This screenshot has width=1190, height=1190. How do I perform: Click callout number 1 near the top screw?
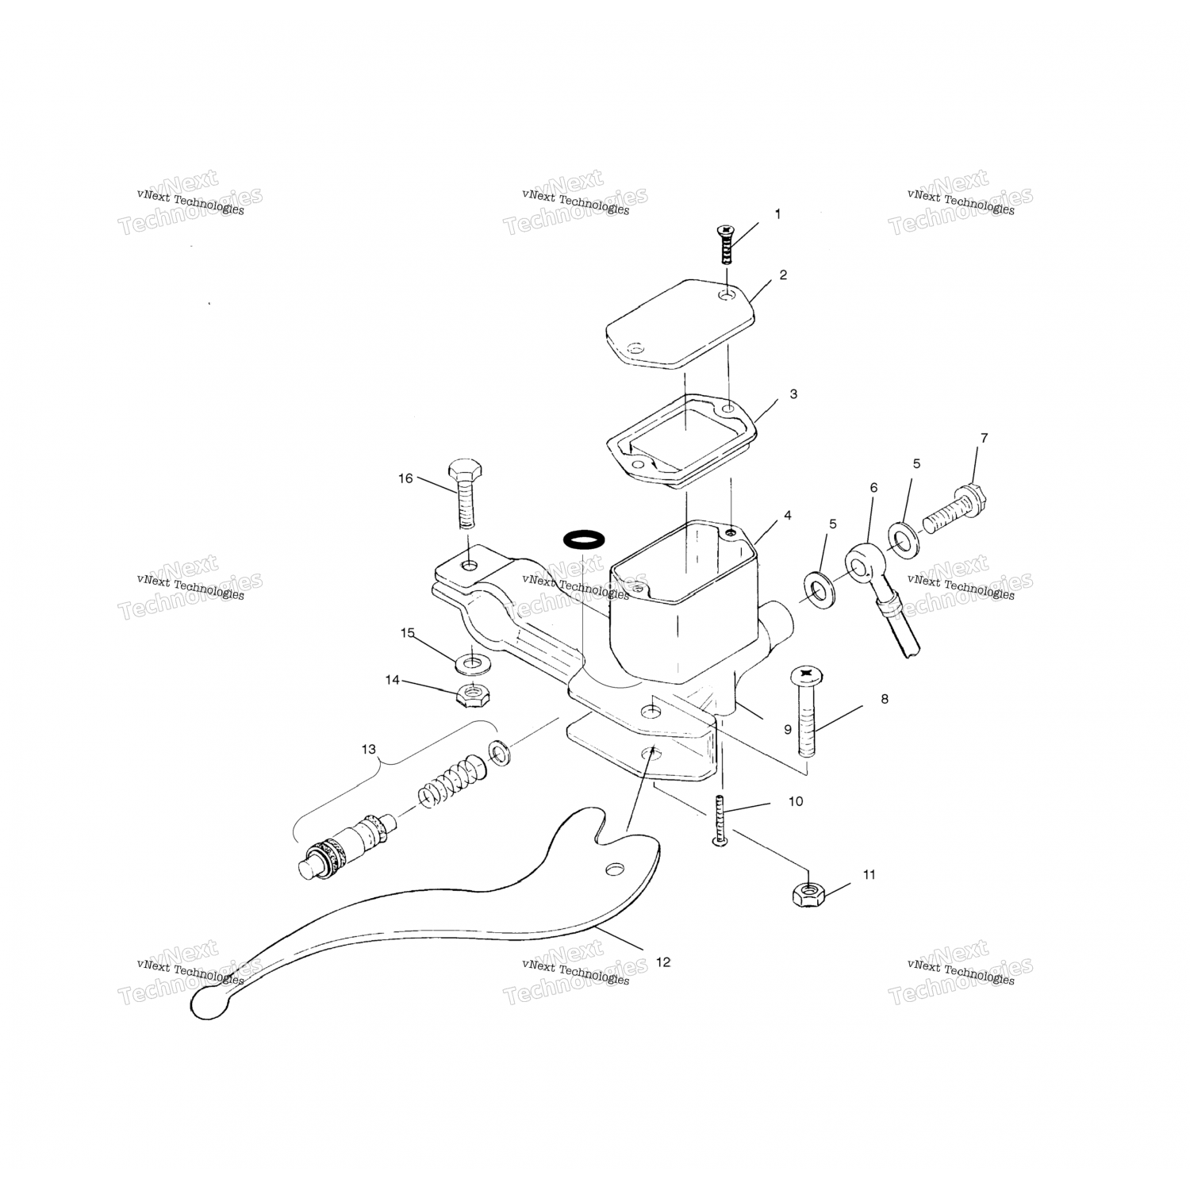777,214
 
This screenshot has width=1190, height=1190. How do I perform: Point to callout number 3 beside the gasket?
793,394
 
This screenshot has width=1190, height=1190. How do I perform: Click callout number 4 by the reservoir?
787,516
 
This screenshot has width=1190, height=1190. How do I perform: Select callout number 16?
405,478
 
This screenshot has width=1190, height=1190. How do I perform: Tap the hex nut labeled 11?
808,895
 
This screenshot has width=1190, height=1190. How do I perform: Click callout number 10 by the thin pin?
796,801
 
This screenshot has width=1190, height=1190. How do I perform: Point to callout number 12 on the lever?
663,962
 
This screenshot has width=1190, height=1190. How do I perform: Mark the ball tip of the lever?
208,1004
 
